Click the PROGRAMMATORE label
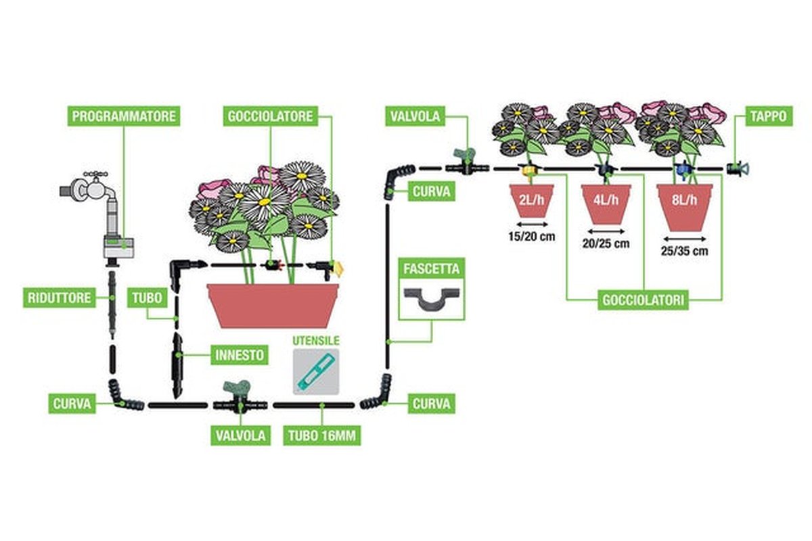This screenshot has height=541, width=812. click(125, 116)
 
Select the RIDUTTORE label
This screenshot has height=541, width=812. click(60, 298)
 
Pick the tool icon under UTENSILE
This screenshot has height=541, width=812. click(315, 371)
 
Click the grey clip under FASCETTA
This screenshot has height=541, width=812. click(432, 298)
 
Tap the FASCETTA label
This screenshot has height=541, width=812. click(432, 268)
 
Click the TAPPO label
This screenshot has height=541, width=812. click(768, 116)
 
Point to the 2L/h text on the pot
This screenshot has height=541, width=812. click(531, 199)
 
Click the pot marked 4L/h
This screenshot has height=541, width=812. click(606, 203)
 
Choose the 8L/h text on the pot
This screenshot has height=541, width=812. click(684, 201)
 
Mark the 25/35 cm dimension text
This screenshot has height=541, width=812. click(685, 251)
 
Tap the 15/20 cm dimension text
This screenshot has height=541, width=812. click(531, 236)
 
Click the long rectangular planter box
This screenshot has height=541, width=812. click(273, 305)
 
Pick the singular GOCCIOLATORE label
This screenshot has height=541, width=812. click(270, 116)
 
